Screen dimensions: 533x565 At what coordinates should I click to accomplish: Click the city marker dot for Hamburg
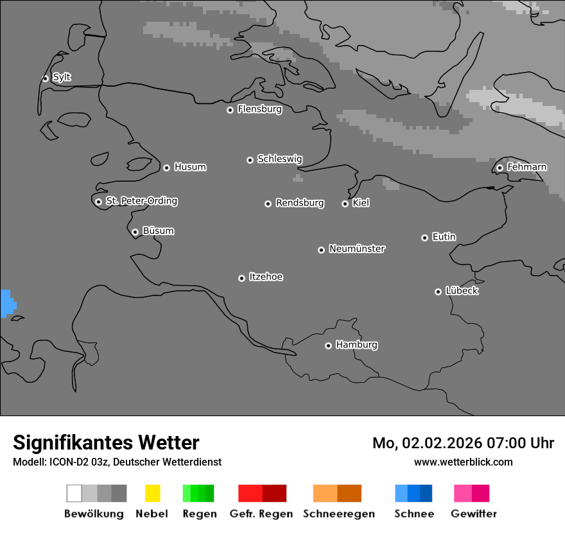(x=328, y=345)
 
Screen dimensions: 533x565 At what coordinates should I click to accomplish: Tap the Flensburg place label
(x=259, y=109)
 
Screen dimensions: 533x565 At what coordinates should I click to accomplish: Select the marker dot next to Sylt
(x=46, y=78)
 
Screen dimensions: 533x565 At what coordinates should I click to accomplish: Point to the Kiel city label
(x=361, y=203)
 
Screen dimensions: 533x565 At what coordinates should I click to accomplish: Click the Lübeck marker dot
(x=438, y=292)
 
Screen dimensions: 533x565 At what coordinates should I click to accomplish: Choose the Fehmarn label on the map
(x=526, y=167)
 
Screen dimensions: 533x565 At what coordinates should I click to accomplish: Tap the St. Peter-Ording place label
(x=141, y=201)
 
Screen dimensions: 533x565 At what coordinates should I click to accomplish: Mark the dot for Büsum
(x=135, y=232)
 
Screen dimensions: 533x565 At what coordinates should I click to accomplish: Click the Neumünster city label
(x=357, y=249)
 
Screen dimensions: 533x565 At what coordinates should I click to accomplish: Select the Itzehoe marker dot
(x=241, y=278)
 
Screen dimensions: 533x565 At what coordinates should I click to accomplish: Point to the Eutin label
(x=444, y=237)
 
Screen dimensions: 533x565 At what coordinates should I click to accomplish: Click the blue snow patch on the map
(x=7, y=303)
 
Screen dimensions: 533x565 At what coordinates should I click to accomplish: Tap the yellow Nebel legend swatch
(x=152, y=493)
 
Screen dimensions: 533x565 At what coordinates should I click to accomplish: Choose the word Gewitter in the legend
(x=474, y=514)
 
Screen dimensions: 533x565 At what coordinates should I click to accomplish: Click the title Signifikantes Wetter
(x=106, y=442)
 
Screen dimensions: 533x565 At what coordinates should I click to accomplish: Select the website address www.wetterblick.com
(x=463, y=462)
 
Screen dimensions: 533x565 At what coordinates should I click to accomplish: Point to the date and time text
(x=463, y=443)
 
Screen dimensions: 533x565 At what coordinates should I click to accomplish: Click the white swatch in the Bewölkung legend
(x=74, y=493)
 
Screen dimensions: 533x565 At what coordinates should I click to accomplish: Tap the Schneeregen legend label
(x=338, y=514)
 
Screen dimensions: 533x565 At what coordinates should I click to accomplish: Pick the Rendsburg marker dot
(x=268, y=204)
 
